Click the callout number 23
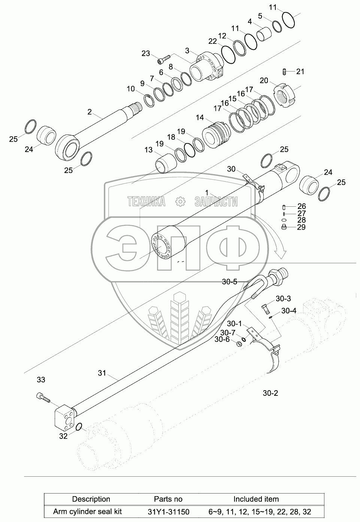(x=146, y=53)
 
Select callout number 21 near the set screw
(x=300, y=72)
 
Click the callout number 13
(x=148, y=150)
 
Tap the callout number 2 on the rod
(x=90, y=112)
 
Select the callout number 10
(x=130, y=89)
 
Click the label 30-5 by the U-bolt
(x=230, y=282)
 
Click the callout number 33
(x=41, y=380)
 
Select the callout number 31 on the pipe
(x=102, y=373)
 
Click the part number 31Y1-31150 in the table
(x=168, y=512)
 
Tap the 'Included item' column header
(x=256, y=499)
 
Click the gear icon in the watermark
(x=180, y=201)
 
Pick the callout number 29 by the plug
(x=301, y=227)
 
